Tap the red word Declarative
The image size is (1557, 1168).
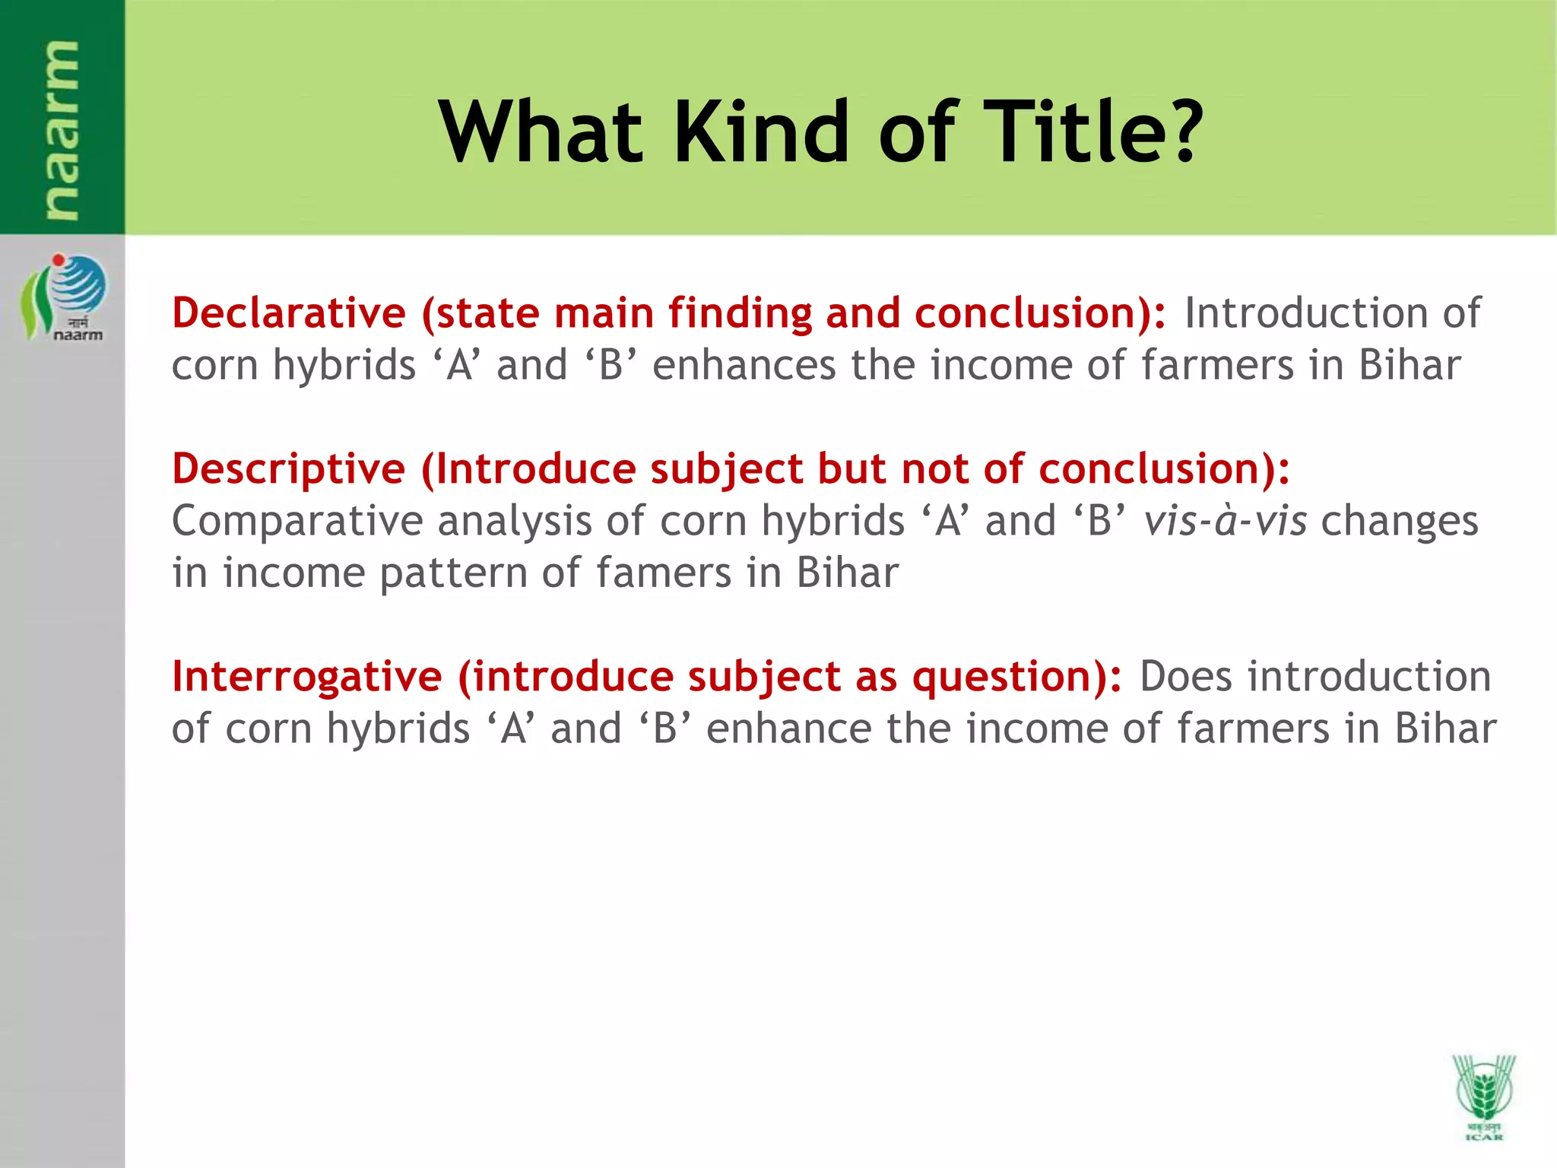click(x=289, y=313)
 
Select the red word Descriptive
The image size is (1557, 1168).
click(x=289, y=469)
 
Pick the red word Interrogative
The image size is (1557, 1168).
click(x=307, y=677)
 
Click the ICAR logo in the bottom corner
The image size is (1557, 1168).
click(x=1483, y=1096)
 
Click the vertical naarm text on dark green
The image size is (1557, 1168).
click(x=61, y=129)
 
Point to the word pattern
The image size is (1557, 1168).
click(x=453, y=574)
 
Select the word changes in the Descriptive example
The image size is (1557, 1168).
click(x=1399, y=522)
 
